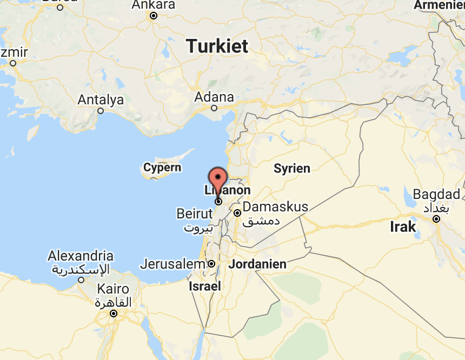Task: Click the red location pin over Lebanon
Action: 218,179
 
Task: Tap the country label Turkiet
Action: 217,46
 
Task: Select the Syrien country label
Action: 292,168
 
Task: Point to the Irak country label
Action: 403,226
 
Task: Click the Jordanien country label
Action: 257,265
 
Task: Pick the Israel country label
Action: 204,286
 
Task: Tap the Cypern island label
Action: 162,168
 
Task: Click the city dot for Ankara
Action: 154,16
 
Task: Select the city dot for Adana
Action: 214,108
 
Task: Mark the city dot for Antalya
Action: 101,111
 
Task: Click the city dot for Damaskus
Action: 237,213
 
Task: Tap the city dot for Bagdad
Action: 436,219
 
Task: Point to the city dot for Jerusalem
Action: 211,264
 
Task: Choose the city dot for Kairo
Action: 114,314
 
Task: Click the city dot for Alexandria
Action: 81,280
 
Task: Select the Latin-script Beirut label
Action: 195,214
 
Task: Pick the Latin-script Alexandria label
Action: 81,256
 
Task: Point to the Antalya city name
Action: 101,100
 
